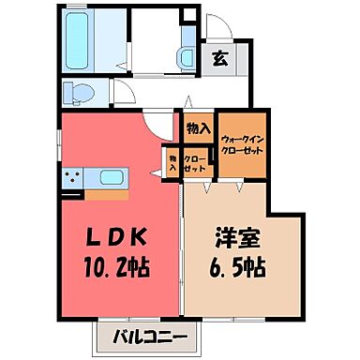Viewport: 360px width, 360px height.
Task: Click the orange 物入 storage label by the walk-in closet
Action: [x=199, y=124]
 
